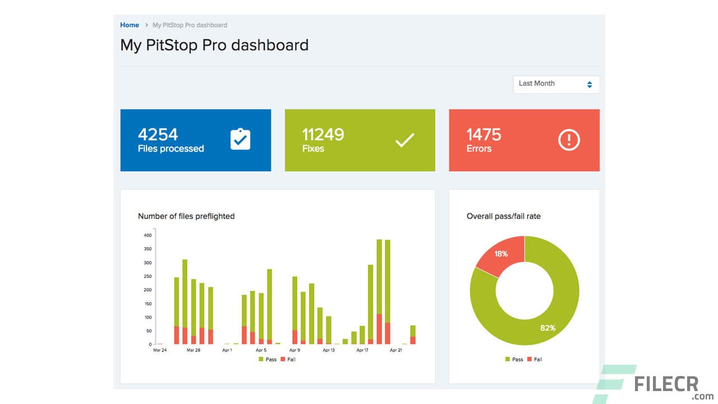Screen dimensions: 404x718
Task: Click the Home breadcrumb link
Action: [130, 25]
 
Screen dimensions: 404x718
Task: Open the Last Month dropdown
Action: [556, 84]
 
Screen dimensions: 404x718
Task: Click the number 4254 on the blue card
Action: [158, 135]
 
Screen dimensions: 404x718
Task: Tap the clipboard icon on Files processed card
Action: [240, 140]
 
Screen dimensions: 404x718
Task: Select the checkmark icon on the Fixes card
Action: [404, 140]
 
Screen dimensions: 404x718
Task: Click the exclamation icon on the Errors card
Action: [569, 140]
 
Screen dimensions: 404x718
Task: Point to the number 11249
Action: [323, 135]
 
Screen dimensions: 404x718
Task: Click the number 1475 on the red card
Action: [484, 135]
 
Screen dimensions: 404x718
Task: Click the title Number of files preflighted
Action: [186, 216]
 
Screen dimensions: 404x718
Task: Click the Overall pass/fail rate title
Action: [503, 216]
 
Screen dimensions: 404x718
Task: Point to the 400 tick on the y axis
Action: [148, 235]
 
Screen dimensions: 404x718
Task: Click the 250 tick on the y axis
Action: [148, 276]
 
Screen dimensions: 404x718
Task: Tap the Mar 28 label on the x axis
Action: [194, 350]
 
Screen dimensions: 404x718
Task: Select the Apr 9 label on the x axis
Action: [294, 350]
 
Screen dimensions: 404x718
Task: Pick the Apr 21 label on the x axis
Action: [396, 350]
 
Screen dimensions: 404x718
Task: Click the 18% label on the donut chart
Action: [501, 254]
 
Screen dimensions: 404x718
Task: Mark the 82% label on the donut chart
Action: [547, 328]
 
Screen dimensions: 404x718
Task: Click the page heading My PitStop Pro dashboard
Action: [214, 45]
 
